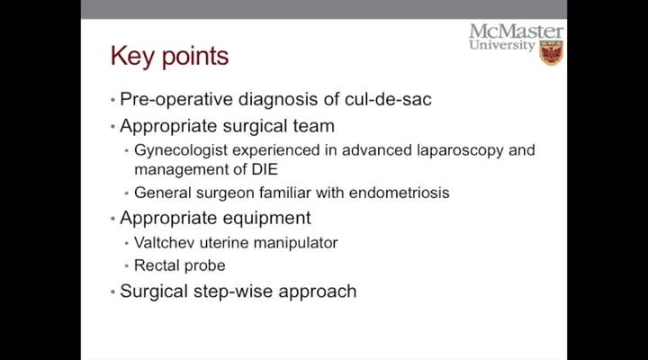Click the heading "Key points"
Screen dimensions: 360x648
(169, 57)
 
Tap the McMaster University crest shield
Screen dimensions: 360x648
(551, 52)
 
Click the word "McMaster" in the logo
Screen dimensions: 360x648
(516, 31)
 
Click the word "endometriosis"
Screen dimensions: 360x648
(400, 193)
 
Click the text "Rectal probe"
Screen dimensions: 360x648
(179, 265)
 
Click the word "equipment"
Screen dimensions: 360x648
(265, 218)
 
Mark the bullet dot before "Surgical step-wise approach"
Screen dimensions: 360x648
(112, 292)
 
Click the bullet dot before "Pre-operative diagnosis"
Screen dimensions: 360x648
(112, 99)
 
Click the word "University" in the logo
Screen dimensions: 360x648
(501, 46)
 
